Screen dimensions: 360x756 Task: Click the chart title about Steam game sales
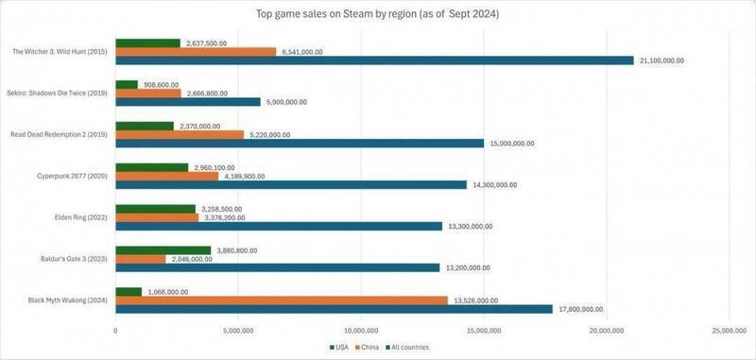(378, 14)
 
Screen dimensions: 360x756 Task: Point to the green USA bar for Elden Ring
(155, 209)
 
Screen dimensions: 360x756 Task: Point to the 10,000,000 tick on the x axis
(360, 332)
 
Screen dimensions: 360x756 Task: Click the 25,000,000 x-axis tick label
(728, 332)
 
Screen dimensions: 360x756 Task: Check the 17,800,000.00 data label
(580, 309)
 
